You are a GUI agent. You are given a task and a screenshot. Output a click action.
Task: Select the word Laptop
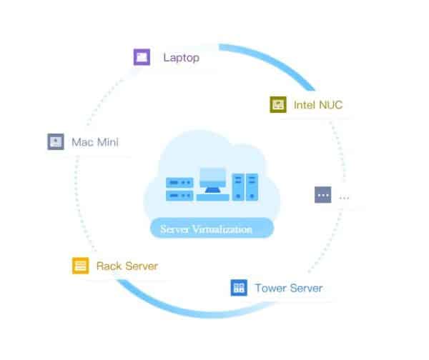click(x=181, y=57)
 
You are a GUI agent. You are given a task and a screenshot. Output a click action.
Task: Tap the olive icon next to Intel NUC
click(x=277, y=105)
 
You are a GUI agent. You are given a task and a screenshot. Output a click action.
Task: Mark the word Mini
click(x=107, y=141)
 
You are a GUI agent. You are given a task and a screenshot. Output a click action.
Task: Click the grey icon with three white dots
click(x=323, y=194)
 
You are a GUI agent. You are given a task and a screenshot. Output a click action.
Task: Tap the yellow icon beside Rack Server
click(x=80, y=266)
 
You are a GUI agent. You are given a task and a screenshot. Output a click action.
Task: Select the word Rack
click(x=109, y=266)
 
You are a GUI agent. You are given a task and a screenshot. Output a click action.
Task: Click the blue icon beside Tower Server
click(x=238, y=288)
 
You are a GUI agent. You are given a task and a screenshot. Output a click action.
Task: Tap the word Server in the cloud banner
click(x=175, y=230)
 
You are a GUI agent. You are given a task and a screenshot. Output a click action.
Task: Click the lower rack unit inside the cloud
click(x=179, y=195)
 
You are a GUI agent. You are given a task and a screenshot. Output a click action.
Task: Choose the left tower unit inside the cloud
click(x=237, y=187)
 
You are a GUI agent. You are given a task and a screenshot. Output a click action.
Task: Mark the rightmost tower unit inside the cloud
click(x=252, y=187)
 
